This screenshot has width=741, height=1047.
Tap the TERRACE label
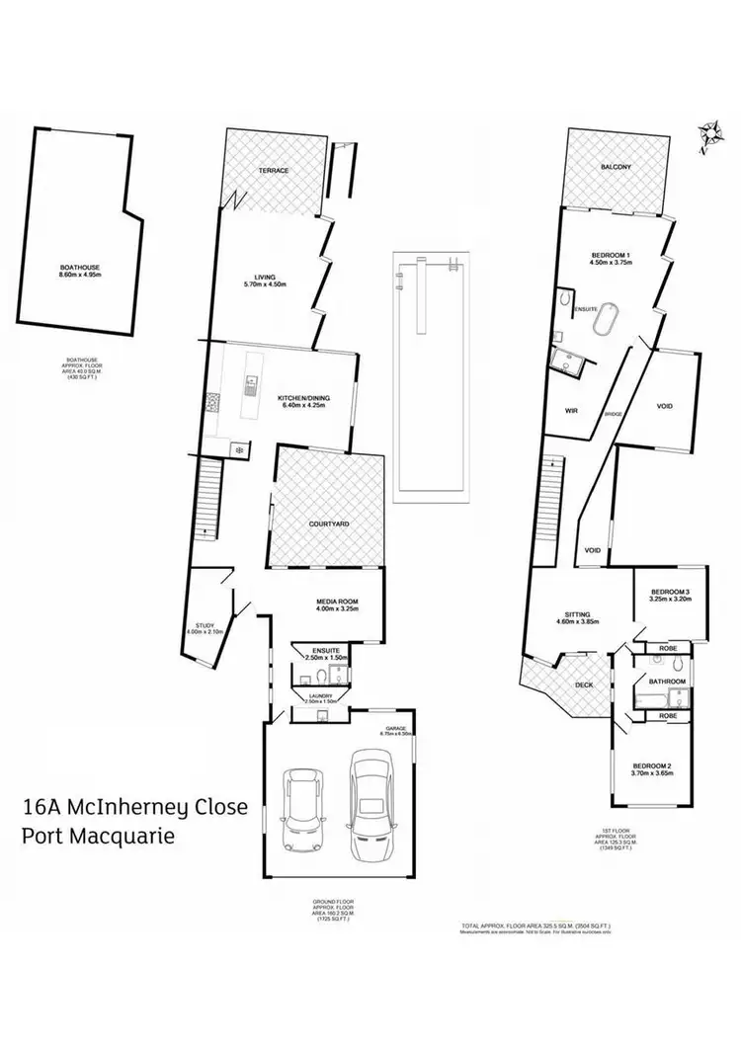point(274,171)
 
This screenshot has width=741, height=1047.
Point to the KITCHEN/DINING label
point(303,398)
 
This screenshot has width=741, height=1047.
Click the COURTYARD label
point(329,523)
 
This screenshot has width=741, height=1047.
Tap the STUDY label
point(206,625)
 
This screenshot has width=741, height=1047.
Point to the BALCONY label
point(616,168)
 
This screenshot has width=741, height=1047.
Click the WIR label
point(570,407)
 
